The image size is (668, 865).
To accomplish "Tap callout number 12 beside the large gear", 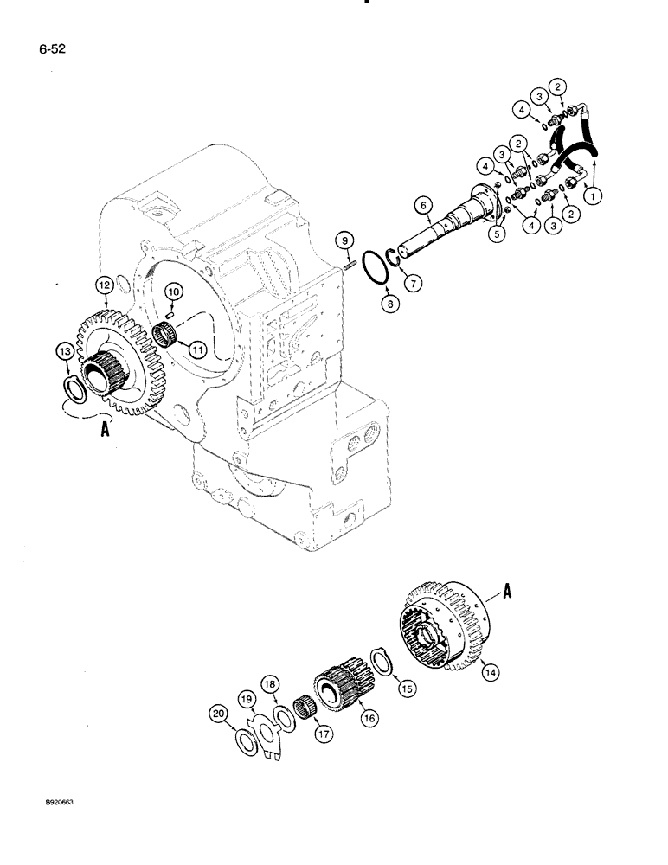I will tap(103, 285).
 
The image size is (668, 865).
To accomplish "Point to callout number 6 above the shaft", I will tap(421, 205).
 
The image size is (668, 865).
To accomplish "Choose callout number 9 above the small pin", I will tap(344, 239).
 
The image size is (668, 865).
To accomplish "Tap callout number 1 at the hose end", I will tap(593, 196).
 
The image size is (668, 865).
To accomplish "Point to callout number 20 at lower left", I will tap(218, 714).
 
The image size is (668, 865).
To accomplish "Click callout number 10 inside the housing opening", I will tap(173, 294).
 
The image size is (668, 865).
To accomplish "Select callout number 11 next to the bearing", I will tap(197, 350).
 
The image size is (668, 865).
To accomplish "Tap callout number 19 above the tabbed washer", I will tap(246, 698).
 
